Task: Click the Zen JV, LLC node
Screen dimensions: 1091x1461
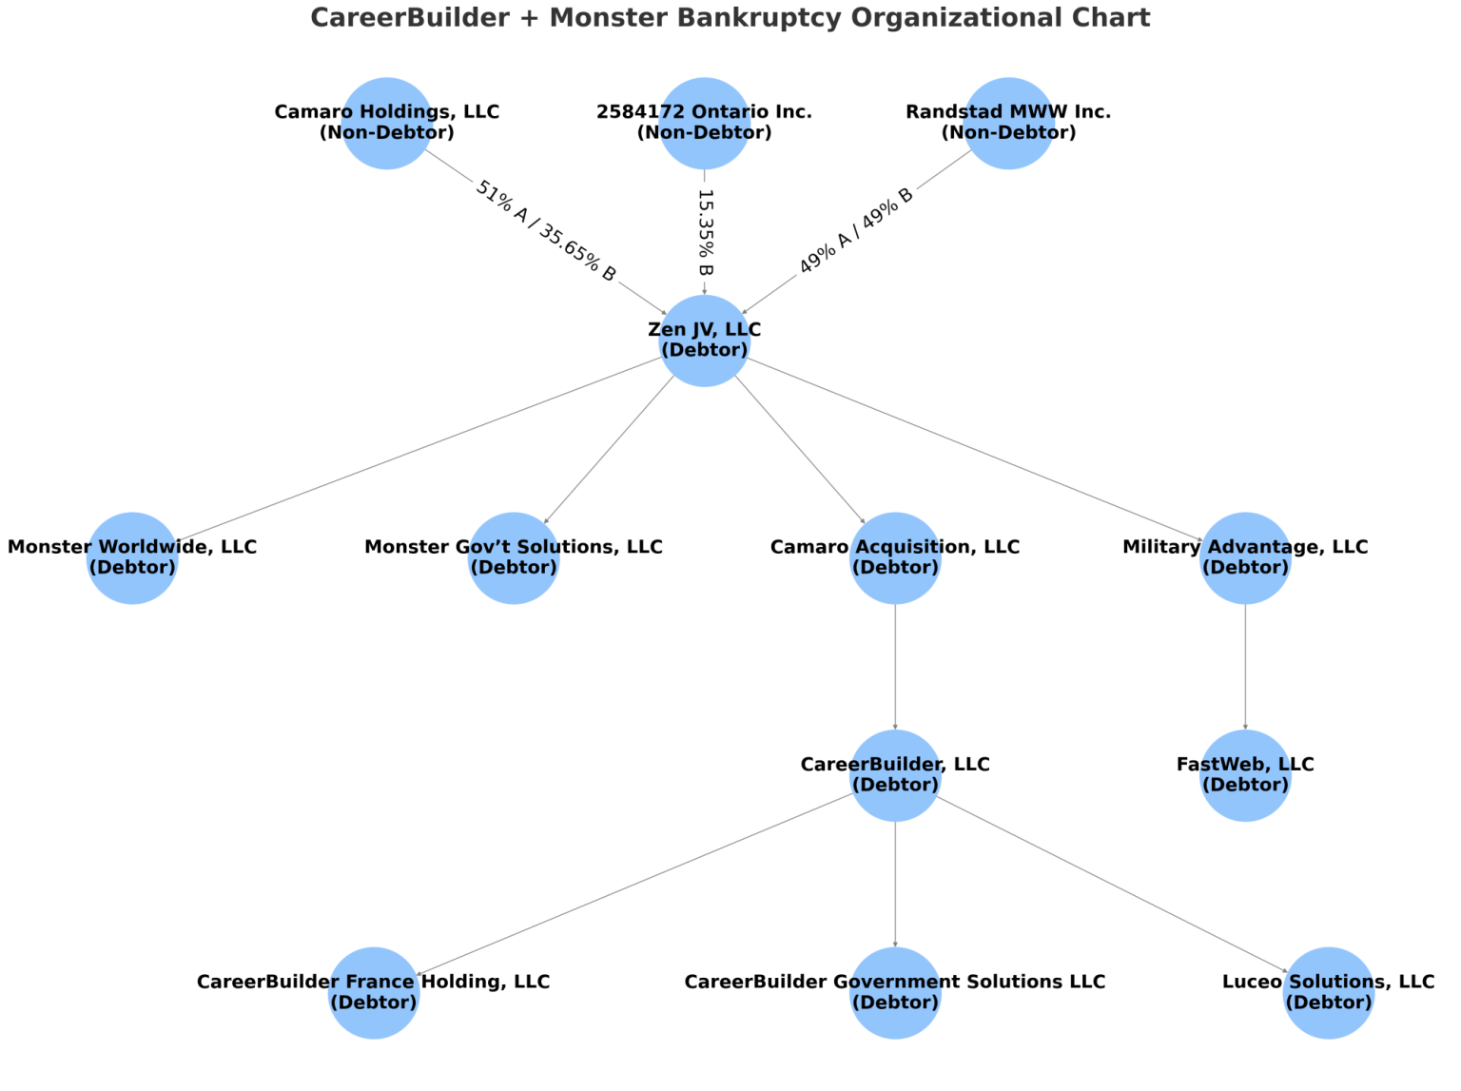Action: (x=704, y=341)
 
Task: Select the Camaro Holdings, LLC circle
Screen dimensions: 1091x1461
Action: (x=387, y=123)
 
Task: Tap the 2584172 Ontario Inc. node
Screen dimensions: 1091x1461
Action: (x=704, y=123)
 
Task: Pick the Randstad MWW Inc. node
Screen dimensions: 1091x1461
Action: (x=1008, y=123)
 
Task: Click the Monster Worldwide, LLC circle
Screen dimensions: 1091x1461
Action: (x=132, y=558)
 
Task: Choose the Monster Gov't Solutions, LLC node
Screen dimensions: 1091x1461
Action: (x=514, y=558)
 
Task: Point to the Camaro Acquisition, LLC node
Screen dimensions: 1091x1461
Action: (x=895, y=558)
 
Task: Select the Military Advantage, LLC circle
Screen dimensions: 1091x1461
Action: (x=1245, y=558)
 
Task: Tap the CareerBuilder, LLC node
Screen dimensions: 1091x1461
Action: (x=895, y=775)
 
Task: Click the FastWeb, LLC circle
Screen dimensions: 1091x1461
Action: (x=1245, y=775)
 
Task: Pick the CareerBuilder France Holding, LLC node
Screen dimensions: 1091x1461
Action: (x=374, y=993)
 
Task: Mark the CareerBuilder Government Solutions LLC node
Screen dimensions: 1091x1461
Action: (x=895, y=993)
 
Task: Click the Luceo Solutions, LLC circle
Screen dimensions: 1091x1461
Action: (x=1328, y=993)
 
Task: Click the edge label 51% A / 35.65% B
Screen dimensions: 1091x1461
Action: (x=545, y=231)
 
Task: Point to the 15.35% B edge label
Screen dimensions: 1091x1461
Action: (x=705, y=232)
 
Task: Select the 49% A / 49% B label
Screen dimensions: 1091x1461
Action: (x=855, y=230)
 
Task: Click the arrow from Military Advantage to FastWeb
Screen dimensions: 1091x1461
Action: (x=1245, y=667)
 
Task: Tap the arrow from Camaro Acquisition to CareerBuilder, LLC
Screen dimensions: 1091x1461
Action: (x=895, y=667)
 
